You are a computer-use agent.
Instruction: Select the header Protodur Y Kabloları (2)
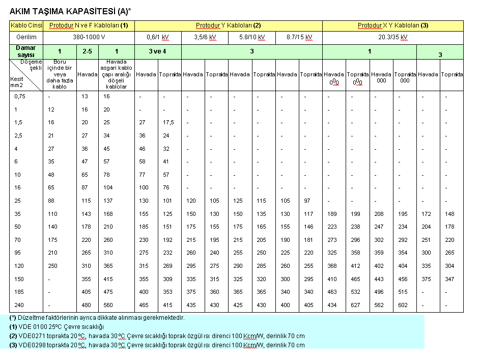tap(228, 25)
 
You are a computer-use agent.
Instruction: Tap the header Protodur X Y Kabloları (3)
tap(393, 25)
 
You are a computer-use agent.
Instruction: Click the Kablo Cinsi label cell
tap(26, 25)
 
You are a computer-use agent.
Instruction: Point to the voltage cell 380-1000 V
tap(89, 37)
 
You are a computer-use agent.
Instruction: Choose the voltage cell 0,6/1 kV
tap(159, 37)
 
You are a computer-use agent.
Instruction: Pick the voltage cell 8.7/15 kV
tap(299, 37)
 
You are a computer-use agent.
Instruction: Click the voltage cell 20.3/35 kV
tap(393, 37)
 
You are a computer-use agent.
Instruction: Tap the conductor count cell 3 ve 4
tap(158, 51)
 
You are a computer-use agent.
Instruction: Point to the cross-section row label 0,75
tap(19, 96)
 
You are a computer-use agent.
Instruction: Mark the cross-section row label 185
tap(19, 292)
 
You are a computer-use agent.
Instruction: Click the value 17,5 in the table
tap(170, 123)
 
